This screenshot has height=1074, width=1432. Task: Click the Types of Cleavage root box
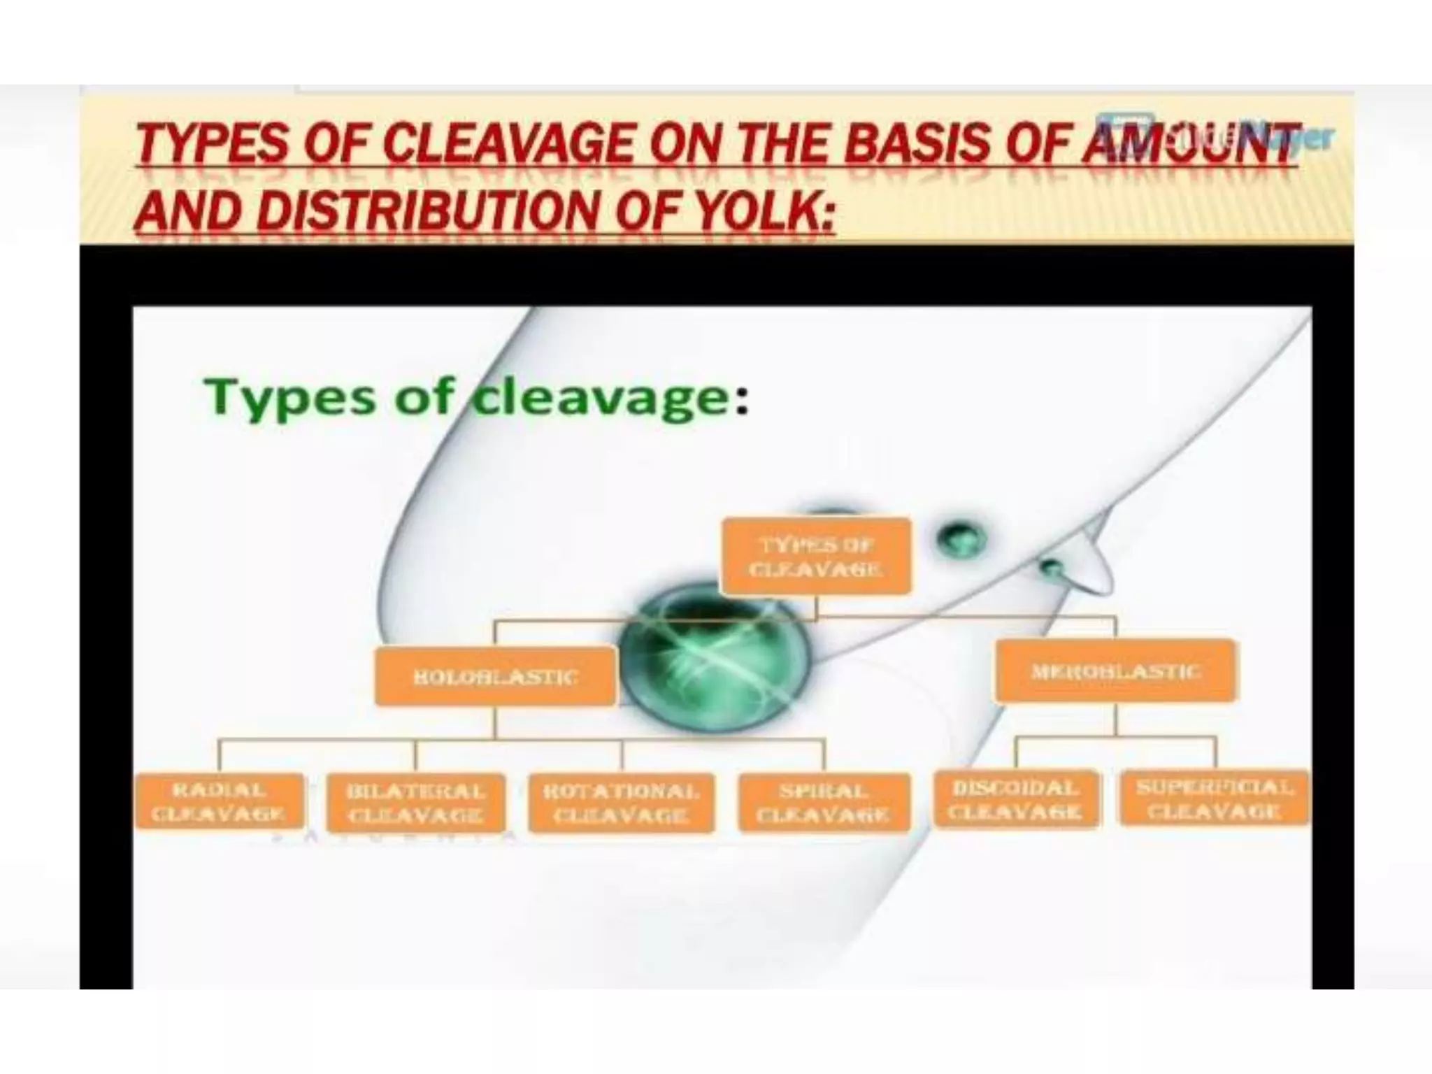[x=816, y=557]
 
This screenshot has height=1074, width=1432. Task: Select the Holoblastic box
[x=496, y=676]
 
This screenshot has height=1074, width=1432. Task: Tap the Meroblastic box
[x=1116, y=671]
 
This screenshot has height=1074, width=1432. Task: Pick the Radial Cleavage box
[x=220, y=801]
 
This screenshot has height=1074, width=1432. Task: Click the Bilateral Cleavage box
[x=416, y=803]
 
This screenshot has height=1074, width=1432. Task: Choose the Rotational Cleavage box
[x=622, y=803]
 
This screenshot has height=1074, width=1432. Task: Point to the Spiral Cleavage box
[x=824, y=803]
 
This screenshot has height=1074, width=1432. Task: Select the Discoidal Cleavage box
[x=1016, y=800]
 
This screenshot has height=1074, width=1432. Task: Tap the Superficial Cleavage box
[x=1215, y=799]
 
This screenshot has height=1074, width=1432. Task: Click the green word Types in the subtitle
[x=290, y=398]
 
